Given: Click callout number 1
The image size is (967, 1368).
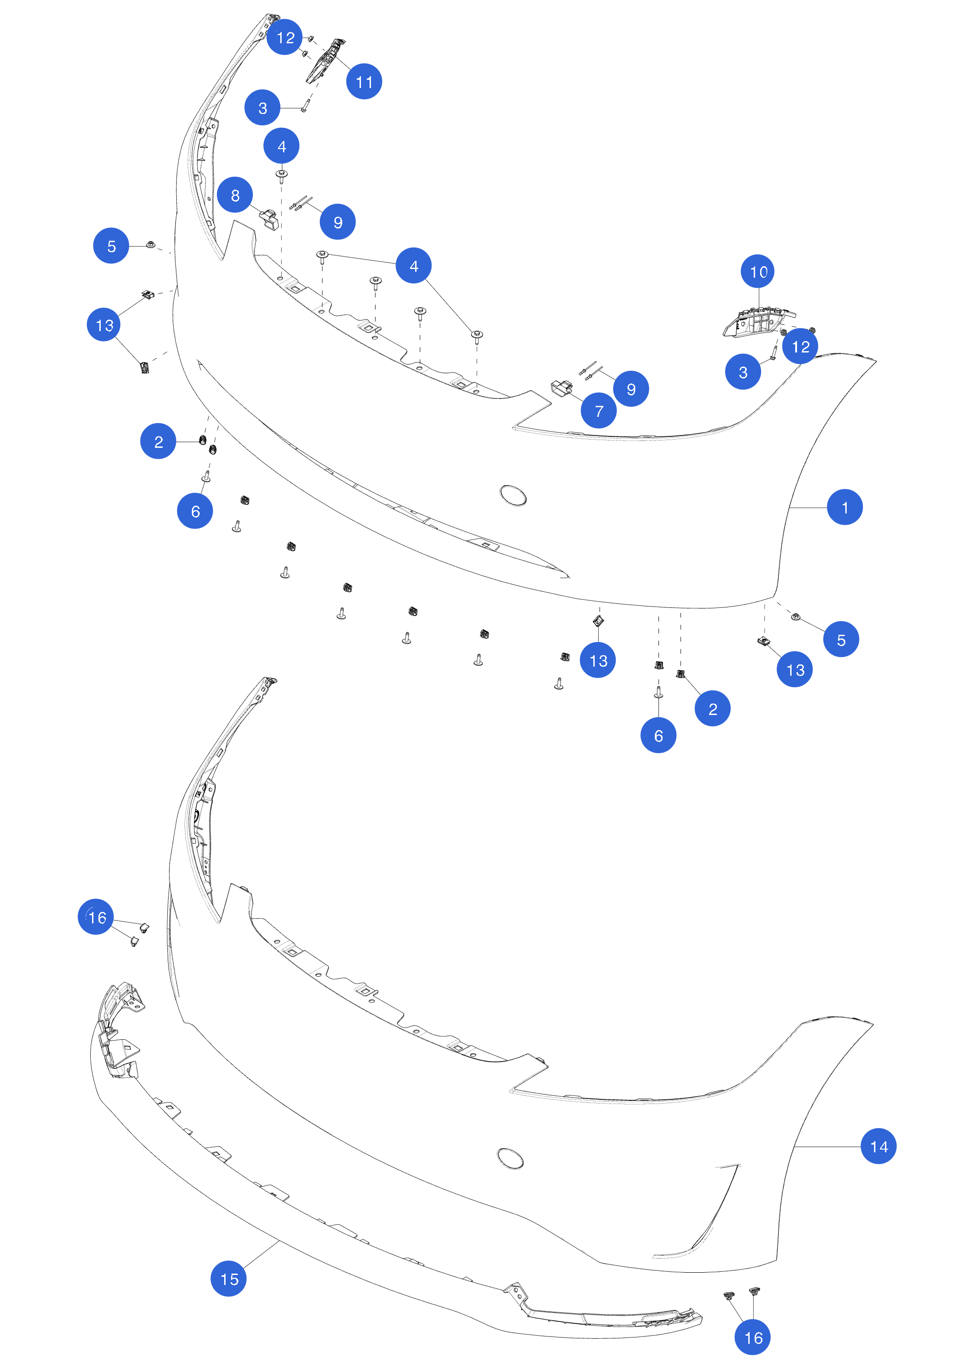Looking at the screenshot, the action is pos(844,507).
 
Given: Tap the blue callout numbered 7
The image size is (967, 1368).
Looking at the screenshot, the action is pos(598,410).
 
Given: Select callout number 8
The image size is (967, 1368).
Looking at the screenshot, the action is pos(235,195).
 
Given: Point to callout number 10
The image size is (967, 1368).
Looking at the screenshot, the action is pos(758,272).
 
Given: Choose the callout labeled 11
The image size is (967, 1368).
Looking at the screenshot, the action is pos(364,81).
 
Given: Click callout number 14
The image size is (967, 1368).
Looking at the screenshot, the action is pos(878,1146).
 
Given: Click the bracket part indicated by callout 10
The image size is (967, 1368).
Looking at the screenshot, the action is pos(759,322).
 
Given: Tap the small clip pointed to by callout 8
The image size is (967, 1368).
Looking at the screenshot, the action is pos(269,219).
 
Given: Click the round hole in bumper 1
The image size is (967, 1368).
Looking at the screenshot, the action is pos(513,496).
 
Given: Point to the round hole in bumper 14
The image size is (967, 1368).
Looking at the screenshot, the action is pos(510,1158).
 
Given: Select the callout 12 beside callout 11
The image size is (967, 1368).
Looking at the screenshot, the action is pos(285,37).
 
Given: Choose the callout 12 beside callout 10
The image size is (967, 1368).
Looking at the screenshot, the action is pos(800,346).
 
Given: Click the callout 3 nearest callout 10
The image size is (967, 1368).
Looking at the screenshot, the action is pos(742,372).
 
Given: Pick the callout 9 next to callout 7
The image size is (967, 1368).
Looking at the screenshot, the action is pos(631,389).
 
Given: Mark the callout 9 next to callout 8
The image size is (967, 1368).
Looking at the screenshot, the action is pos(338,222).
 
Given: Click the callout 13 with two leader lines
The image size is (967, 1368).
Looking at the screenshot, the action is pos(104,325).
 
